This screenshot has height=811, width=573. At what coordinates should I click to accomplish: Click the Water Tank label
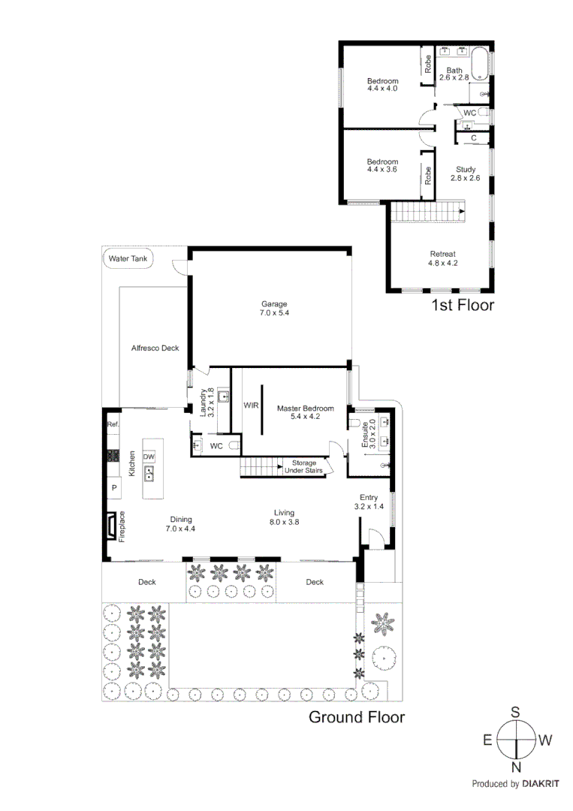128,258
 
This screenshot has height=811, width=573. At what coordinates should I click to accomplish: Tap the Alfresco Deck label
155,348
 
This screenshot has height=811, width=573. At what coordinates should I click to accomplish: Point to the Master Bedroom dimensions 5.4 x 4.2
300,418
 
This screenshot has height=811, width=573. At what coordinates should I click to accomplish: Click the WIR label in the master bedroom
251,405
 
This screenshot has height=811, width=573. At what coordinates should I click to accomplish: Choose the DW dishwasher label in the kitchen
149,457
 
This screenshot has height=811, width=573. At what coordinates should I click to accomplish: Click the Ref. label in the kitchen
113,424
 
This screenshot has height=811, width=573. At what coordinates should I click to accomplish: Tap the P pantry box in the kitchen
114,488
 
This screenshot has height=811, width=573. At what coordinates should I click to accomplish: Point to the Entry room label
368,497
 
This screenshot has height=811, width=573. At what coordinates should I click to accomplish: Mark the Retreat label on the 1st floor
442,254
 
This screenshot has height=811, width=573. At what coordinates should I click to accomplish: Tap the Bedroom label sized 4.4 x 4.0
382,81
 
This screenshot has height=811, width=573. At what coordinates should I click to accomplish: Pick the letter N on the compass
517,766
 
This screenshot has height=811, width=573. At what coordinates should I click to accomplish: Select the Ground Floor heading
357,717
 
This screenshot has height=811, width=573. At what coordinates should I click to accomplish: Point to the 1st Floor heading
462,305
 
